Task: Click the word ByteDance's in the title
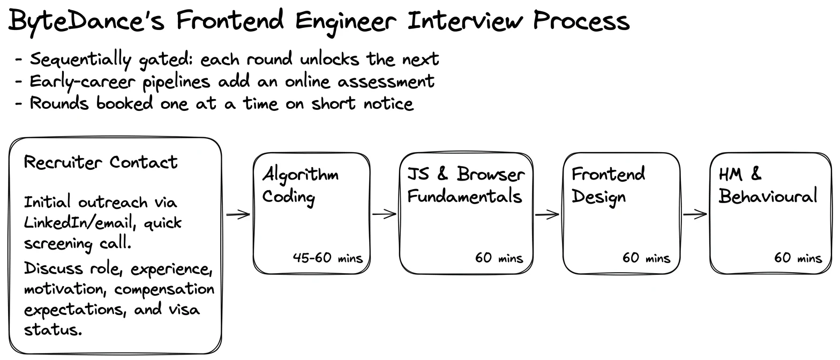86,21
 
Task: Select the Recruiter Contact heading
101,162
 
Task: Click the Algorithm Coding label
300,186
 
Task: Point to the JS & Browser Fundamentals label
466,185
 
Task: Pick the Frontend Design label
608,186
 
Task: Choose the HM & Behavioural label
768,185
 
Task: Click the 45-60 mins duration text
327,258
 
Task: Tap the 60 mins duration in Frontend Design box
646,258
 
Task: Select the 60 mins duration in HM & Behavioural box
798,258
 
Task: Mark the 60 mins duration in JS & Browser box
499,258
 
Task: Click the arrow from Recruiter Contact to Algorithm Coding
238,214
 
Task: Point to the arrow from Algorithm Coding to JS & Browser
385,214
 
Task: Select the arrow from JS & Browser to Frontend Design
547,214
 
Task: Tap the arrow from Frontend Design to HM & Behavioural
695,214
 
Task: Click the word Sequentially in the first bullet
80,60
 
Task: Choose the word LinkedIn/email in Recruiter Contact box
79,223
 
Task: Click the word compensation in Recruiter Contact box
164,289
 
